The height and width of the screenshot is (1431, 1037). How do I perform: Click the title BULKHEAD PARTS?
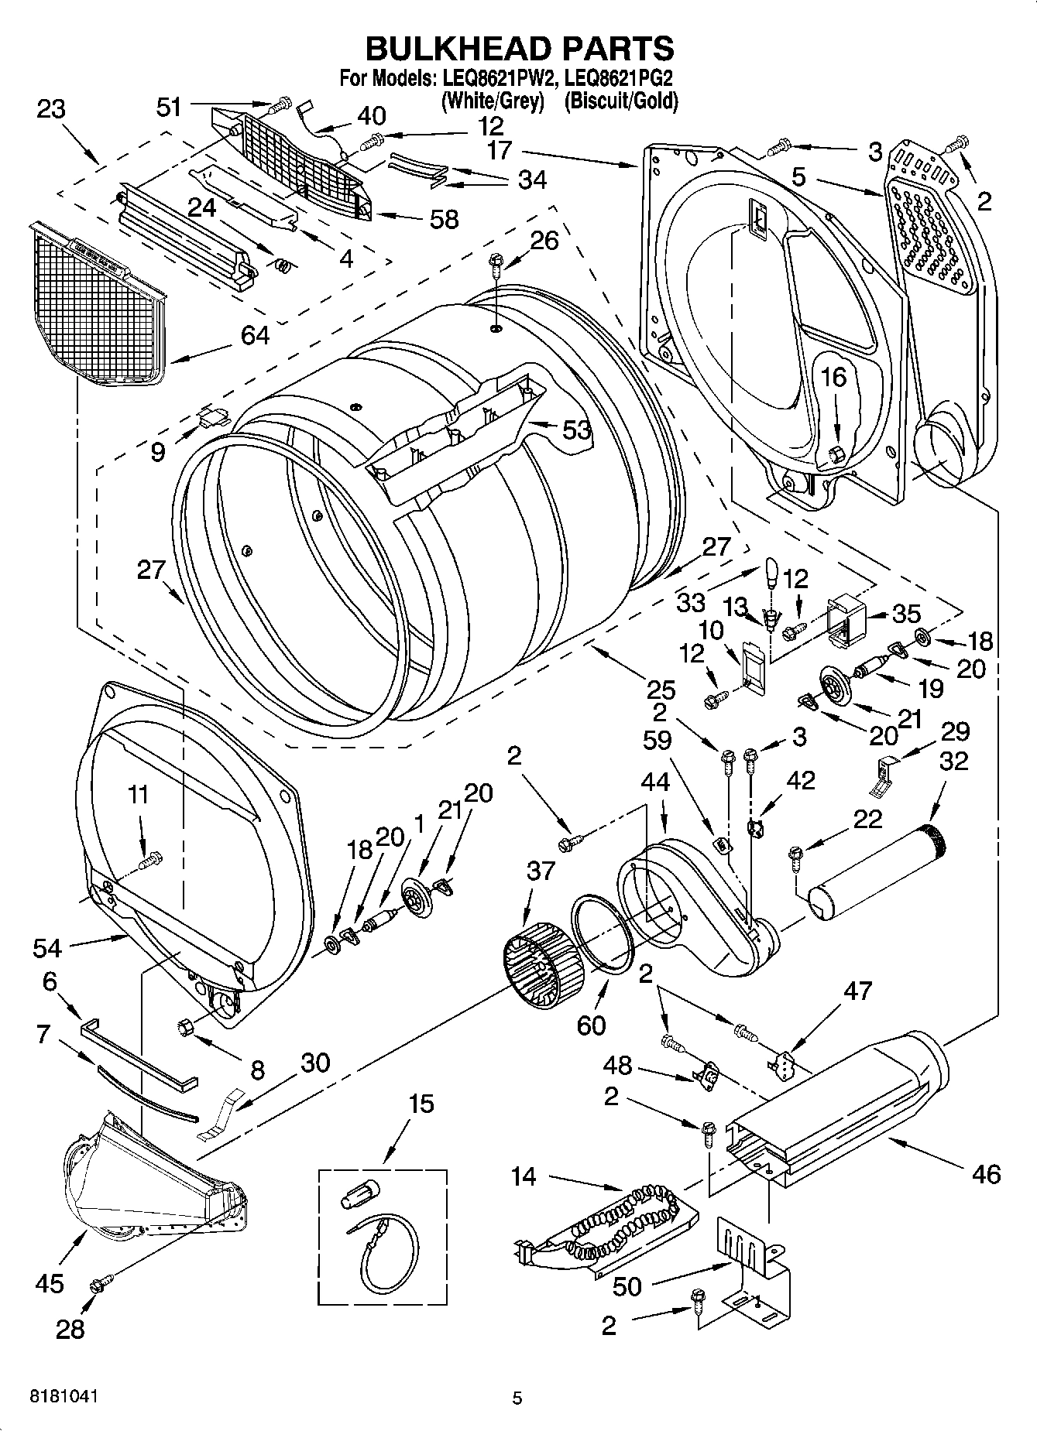519,48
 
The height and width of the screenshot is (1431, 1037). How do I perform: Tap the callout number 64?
255,335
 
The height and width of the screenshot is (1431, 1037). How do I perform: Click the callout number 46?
986,1174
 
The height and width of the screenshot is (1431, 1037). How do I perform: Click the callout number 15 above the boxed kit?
421,1104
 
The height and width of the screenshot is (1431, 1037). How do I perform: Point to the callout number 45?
50,1283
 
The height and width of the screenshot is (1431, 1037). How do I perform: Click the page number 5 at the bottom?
517,1398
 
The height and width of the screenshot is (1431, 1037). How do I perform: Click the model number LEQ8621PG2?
619,78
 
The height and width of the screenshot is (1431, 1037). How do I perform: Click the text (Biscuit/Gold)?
620,101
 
